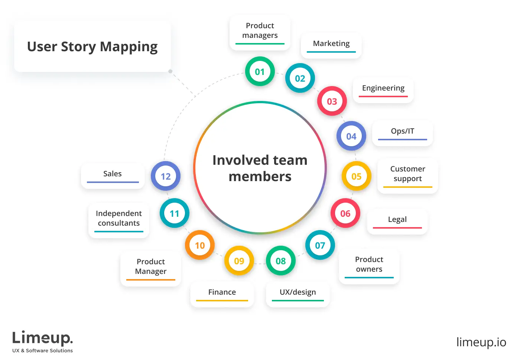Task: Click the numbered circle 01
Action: coord(260,72)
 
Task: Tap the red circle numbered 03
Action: coord(332,101)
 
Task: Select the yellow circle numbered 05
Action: coord(356,176)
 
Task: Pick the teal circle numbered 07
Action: coord(320,245)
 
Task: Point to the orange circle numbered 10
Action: coord(199,245)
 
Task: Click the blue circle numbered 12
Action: coord(165,176)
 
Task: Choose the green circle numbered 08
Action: coord(280,261)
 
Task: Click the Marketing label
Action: coord(331,43)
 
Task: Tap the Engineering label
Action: coord(383,88)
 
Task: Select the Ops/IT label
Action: coord(402,131)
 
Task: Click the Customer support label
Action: coord(407,174)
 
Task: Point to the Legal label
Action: coord(397,219)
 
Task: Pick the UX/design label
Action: coord(298,292)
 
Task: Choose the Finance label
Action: coord(222,292)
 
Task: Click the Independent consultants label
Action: coord(118,218)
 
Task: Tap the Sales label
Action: coord(112,174)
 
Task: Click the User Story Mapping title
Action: coord(92,47)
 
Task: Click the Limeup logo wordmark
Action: coord(42,338)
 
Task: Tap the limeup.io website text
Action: coord(481,342)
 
